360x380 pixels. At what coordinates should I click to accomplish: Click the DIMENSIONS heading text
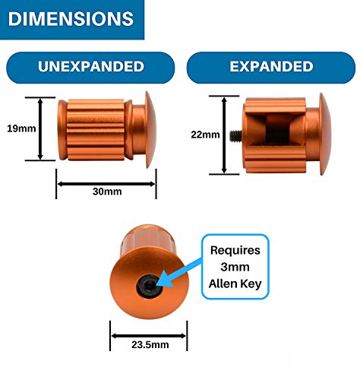coord(71,19)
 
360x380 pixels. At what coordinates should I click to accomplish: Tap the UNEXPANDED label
coord(91,66)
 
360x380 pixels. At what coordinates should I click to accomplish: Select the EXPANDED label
coord(271,66)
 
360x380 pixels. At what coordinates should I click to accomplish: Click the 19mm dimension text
coord(21,128)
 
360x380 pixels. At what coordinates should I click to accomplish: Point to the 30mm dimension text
coord(107,192)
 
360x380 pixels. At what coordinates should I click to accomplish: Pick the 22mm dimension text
coord(205,135)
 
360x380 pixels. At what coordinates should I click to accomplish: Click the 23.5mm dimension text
coord(150,344)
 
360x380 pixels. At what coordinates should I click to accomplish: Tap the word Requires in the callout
coord(235,251)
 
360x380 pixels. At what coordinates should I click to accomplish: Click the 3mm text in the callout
coord(235,267)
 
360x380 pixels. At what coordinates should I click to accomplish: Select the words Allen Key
coord(235,283)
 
